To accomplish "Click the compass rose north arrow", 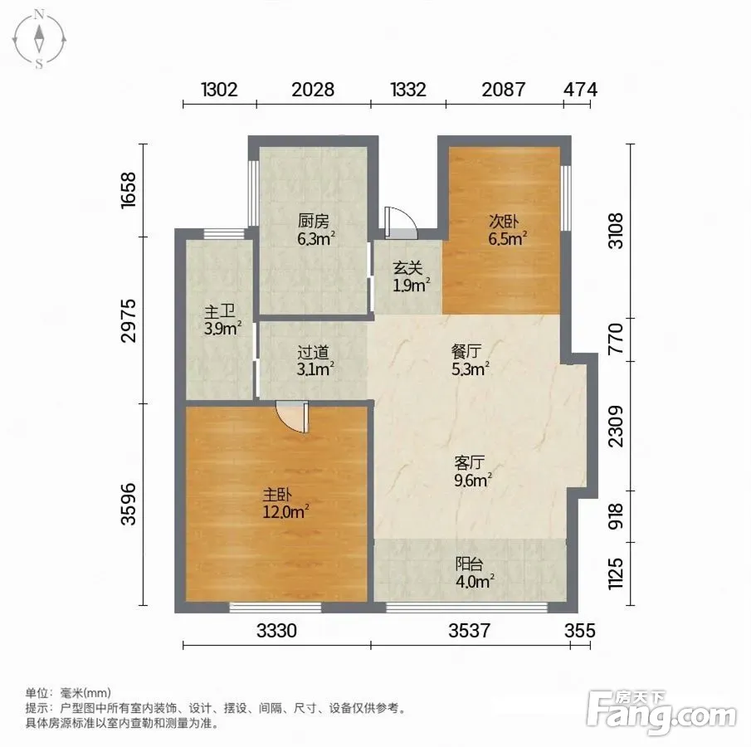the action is point(39,39).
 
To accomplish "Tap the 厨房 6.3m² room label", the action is point(315,230).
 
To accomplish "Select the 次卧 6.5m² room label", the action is point(507,230).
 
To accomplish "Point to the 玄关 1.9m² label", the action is point(411,276).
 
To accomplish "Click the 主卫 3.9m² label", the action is point(222,320).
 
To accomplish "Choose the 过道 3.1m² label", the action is point(315,360).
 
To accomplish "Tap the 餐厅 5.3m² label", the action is point(470,360).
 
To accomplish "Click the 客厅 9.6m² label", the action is point(473,471).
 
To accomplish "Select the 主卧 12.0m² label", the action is point(285,503).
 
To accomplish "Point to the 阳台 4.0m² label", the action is point(474,573).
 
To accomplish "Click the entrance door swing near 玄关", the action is point(402,222).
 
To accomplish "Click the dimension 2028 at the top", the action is point(313,90).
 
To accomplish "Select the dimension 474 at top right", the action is point(581,90).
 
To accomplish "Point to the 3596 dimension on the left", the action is point(129,504).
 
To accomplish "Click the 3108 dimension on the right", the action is point(616,231).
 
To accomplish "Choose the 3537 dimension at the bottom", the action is point(470,631).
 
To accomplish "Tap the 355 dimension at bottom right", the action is point(580,631).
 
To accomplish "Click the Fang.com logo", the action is point(661,712).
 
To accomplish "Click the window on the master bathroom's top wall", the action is point(224,234).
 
